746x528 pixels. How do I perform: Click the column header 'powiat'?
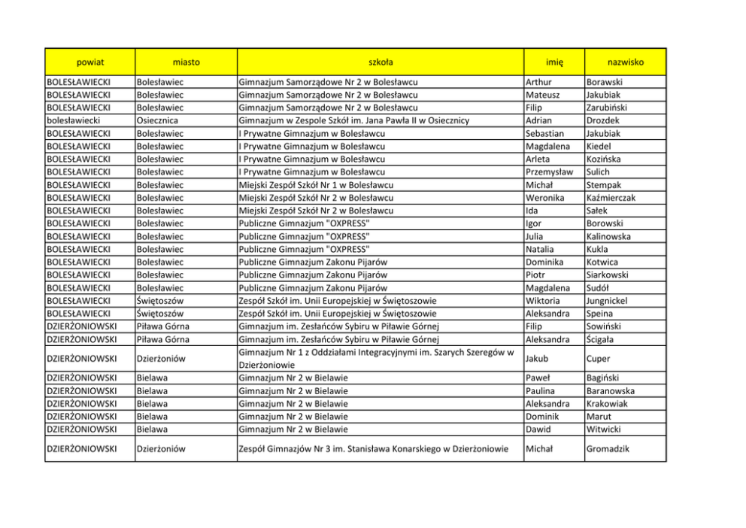pyautogui.click(x=89, y=62)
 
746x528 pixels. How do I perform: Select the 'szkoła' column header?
pyautogui.click(x=380, y=62)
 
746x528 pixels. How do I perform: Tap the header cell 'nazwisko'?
pyautogui.click(x=626, y=62)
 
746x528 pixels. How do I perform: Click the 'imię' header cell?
pyautogui.click(x=553, y=62)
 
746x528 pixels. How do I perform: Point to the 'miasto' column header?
pyautogui.click(x=186, y=62)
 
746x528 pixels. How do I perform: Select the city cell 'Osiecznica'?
pyautogui.click(x=157, y=120)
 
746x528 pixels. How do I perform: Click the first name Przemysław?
pyautogui.click(x=550, y=172)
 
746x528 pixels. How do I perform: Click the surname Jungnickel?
pyautogui.click(x=611, y=301)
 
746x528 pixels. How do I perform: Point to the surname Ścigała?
pyautogui.click(x=603, y=340)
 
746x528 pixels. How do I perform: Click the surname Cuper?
pyautogui.click(x=599, y=359)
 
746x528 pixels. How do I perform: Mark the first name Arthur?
pyautogui.click(x=541, y=82)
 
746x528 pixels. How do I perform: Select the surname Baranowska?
pyautogui.click(x=610, y=391)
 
